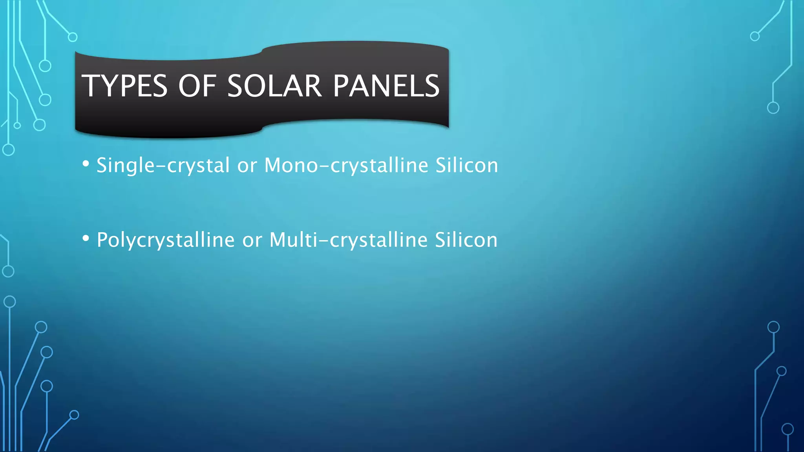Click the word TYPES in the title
tap(124, 86)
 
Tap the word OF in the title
tap(197, 86)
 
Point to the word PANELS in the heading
tap(386, 86)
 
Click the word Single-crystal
tap(163, 166)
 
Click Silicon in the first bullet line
tap(467, 166)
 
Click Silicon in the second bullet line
tap(466, 240)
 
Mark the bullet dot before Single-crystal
tap(86, 164)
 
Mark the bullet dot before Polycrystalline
tap(86, 238)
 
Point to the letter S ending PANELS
tap(431, 86)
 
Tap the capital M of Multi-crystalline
tap(279, 240)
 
